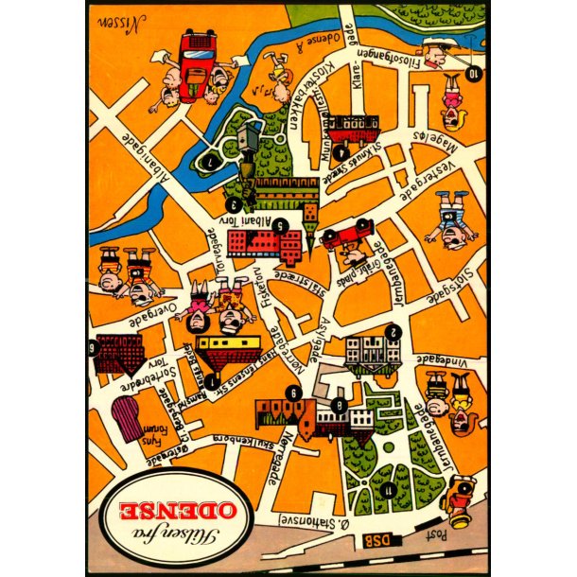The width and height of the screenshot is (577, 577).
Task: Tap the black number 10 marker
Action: click(x=473, y=72)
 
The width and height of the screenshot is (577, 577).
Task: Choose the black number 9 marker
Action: click(x=295, y=394)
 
